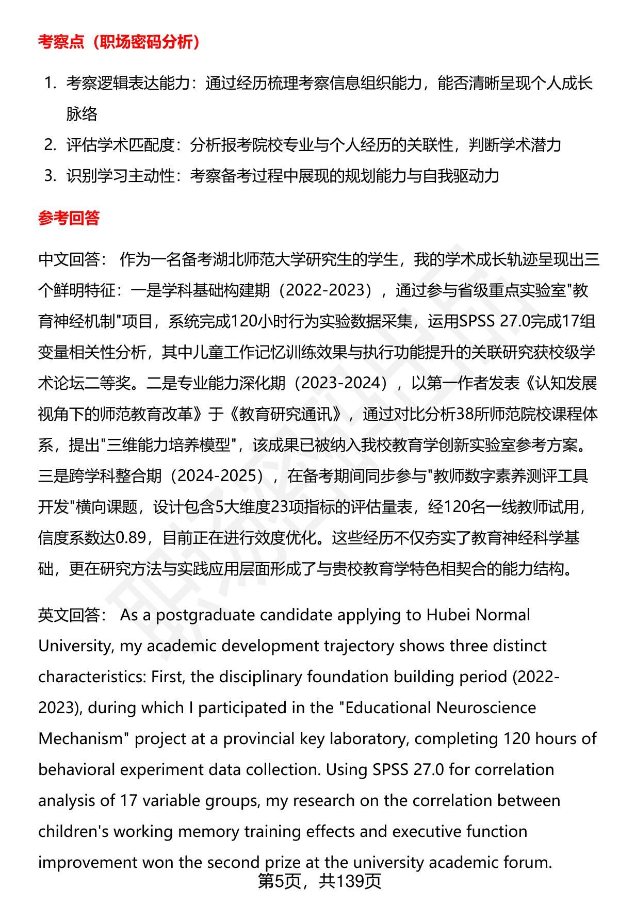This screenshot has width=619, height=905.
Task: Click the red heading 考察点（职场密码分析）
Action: pos(119,42)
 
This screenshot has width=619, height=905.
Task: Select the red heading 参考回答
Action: pos(69,218)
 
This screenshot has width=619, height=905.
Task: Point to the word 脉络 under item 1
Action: pos(82,114)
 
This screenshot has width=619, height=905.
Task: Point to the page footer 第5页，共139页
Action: pos(319,881)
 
